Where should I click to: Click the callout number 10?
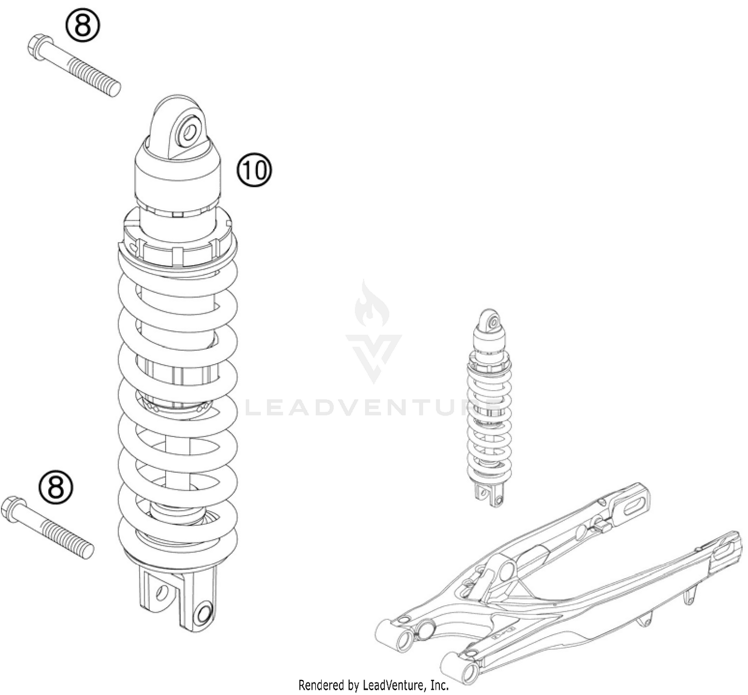(x=254, y=170)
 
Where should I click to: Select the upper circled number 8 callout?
(x=83, y=25)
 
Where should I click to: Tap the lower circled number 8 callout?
(x=56, y=487)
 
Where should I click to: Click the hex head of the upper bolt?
(x=38, y=46)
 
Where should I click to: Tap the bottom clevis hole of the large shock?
(x=203, y=612)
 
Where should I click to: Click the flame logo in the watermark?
(x=373, y=304)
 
